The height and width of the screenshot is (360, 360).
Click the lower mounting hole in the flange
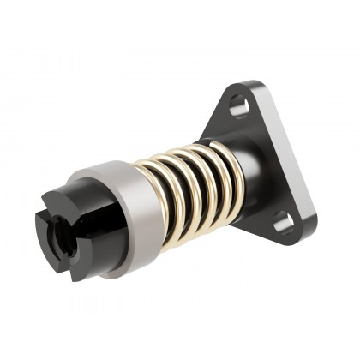click(284, 225)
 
